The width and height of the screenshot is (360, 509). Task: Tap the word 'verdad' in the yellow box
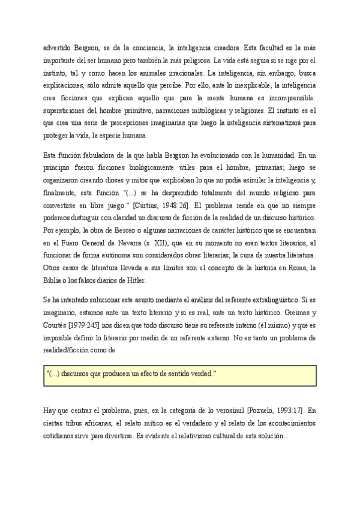pyautogui.click(x=200, y=374)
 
